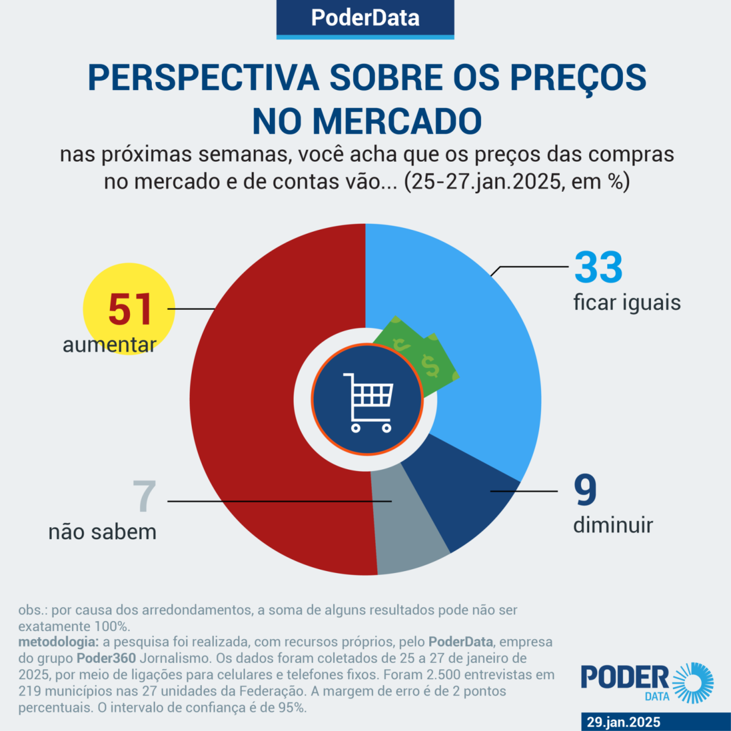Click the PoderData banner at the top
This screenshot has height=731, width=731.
(365, 18)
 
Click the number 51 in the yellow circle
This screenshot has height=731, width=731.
(130, 309)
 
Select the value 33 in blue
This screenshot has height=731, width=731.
(599, 267)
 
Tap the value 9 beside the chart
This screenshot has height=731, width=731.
(585, 490)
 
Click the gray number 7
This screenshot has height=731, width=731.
(144, 497)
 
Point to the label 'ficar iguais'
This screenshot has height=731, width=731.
(627, 303)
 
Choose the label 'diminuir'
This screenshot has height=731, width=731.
(613, 525)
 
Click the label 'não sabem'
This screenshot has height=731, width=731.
(102, 532)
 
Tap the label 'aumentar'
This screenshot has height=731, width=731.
(109, 345)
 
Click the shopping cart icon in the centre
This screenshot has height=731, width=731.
(368, 402)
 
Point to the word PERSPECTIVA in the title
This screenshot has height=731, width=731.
(204, 77)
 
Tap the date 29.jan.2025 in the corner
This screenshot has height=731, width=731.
(623, 722)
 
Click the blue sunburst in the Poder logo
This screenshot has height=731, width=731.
(692, 683)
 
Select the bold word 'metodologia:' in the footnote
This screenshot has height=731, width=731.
(58, 642)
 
